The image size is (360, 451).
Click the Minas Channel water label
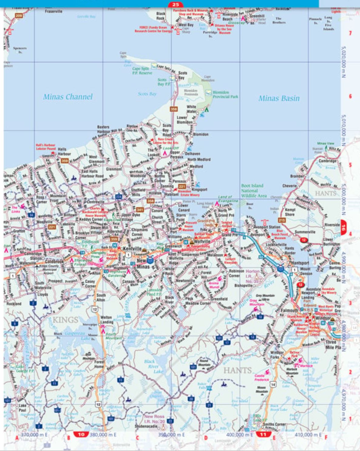(68, 97)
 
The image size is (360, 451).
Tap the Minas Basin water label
(279, 98)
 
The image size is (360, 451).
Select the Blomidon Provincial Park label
(225, 94)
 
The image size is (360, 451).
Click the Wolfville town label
(202, 241)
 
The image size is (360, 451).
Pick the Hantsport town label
(300, 263)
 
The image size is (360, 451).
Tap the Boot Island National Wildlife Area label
(254, 191)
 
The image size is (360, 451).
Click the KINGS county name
(65, 320)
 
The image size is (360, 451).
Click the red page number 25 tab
(175, 4)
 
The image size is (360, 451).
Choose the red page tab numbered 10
(81, 435)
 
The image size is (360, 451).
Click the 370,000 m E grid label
(34, 435)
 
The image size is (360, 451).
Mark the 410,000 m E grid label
(308, 435)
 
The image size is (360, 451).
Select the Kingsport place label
(199, 189)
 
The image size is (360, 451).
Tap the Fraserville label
(53, 11)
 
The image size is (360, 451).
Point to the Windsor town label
(323, 318)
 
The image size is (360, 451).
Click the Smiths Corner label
(275, 424)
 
